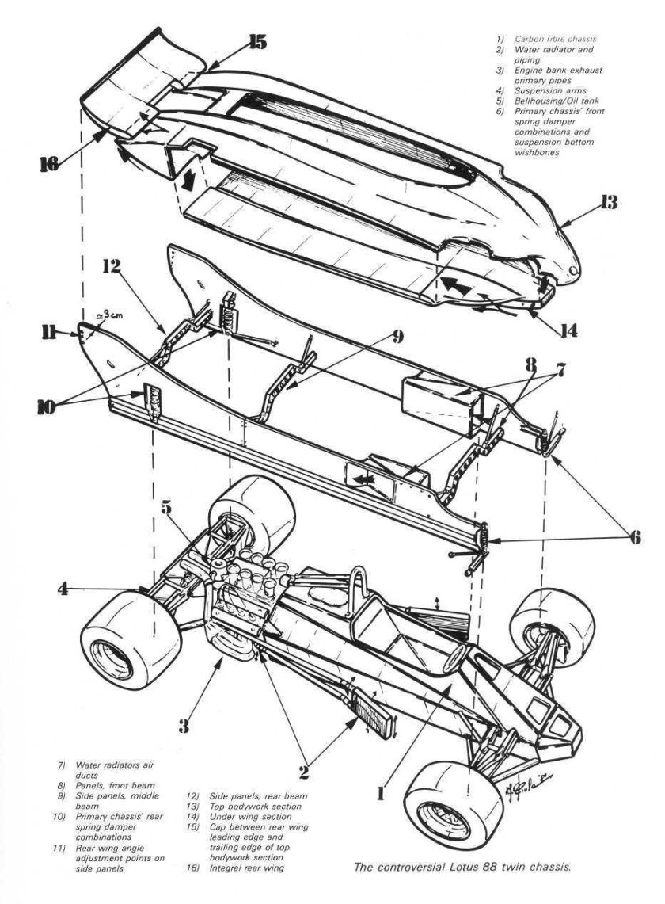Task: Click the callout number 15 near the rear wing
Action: click(x=257, y=43)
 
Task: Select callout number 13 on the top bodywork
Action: click(x=608, y=204)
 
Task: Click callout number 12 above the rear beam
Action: click(x=111, y=268)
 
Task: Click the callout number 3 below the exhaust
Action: click(x=183, y=723)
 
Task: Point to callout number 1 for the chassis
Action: click(x=381, y=791)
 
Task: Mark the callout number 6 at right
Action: click(x=630, y=536)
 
